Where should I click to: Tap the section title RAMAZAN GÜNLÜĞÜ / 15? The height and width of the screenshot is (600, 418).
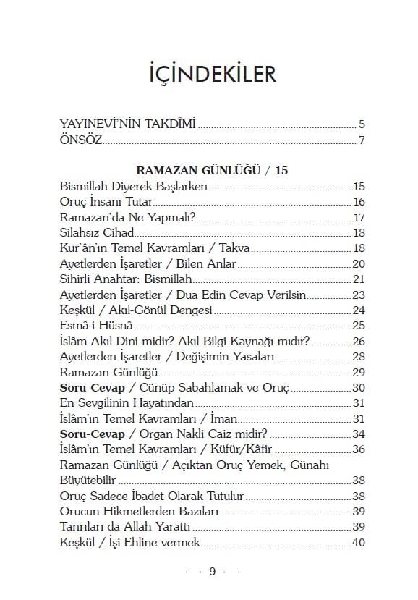pos(209,171)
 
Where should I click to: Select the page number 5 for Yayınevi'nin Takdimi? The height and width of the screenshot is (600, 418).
pos(362,124)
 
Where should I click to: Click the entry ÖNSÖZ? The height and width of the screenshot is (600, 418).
pos(81,139)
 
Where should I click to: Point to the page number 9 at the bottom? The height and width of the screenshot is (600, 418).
pos(212,571)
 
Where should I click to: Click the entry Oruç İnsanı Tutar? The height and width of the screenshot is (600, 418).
pos(106,202)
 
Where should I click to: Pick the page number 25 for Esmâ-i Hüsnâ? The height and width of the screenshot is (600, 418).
pos(359,326)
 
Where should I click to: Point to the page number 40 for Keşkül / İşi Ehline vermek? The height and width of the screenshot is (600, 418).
pos(359,543)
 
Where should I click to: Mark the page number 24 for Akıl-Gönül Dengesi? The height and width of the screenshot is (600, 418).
pos(359,310)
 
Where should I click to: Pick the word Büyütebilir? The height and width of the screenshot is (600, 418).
pos(88,481)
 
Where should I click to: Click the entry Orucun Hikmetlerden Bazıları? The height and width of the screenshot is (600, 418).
pos(139,512)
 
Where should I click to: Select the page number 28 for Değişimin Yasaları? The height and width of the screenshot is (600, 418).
pos(359,357)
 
